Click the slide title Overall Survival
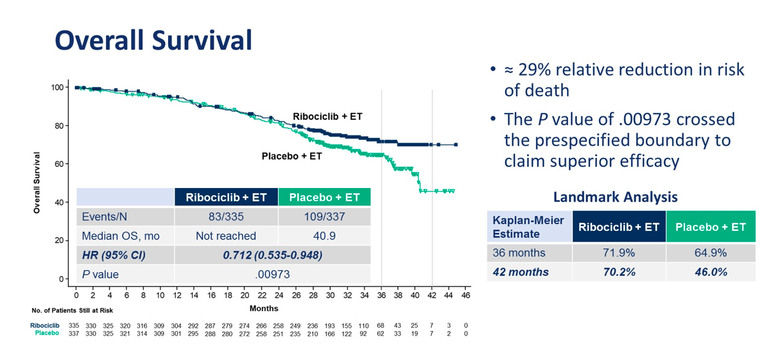coord(153,40)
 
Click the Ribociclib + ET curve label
coord(327,116)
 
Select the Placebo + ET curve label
coord(292,156)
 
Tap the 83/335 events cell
coord(226,217)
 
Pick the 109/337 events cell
coord(324,217)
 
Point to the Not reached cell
coord(226,236)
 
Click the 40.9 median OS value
coord(324,236)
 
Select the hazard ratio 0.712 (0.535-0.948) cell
coord(272,255)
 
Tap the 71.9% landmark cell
coord(618,253)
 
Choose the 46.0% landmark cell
coord(711,272)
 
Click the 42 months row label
coord(521,272)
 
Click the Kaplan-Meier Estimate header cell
coord(528,227)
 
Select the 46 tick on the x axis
coord(465,295)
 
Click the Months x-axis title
coord(264,309)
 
